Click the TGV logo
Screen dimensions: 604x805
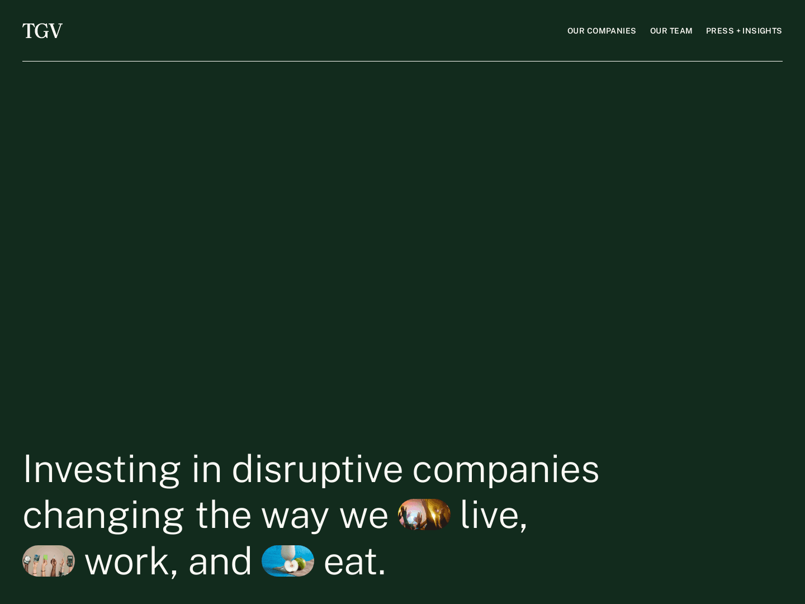click(42, 31)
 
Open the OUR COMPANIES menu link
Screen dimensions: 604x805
click(602, 31)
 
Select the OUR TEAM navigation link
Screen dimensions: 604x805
click(671, 31)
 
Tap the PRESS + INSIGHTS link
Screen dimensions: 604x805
click(744, 31)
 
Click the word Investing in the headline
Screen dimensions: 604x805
click(101, 469)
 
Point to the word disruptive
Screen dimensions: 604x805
click(317, 469)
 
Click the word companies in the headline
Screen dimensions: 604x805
click(505, 469)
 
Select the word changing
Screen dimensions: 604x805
click(103, 515)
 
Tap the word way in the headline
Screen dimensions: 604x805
click(295, 515)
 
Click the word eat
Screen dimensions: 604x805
click(354, 561)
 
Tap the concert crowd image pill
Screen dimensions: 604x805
click(424, 515)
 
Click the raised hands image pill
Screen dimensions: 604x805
click(49, 561)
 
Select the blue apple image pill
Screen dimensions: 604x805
click(288, 561)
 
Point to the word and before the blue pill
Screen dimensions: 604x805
click(220, 561)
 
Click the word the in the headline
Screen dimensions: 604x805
click(223, 515)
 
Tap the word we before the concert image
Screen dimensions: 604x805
click(363, 515)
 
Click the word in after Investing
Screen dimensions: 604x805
click(206, 469)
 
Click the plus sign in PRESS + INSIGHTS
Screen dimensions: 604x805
click(738, 31)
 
